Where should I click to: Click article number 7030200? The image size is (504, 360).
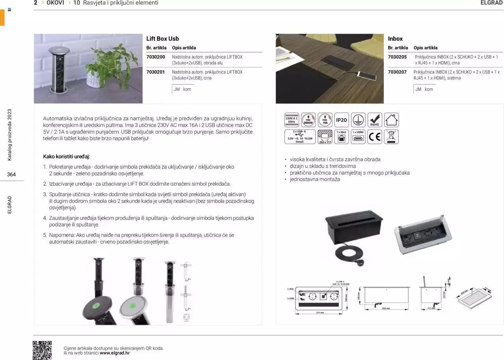point(156,57)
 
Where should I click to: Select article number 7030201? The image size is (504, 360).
point(156,72)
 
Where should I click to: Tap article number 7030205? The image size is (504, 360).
point(397,57)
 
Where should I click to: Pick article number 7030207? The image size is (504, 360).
point(397,72)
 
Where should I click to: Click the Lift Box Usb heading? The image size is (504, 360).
point(163,39)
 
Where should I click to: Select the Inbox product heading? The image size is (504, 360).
point(395,39)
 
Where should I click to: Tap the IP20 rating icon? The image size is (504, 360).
point(341,120)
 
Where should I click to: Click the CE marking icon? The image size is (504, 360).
point(374,137)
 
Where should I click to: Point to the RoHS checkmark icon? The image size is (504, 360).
point(374,120)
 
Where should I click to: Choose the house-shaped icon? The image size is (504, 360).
point(391,120)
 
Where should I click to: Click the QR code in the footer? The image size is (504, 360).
point(42,350)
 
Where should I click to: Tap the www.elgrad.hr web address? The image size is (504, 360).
point(115,353)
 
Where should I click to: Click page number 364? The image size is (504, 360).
point(11,174)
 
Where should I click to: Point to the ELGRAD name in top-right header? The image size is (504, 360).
point(491,3)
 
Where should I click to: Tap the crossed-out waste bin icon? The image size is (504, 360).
point(391,137)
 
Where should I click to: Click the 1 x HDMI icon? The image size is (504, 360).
point(358,137)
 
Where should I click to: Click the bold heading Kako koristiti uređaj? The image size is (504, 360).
point(67,157)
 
